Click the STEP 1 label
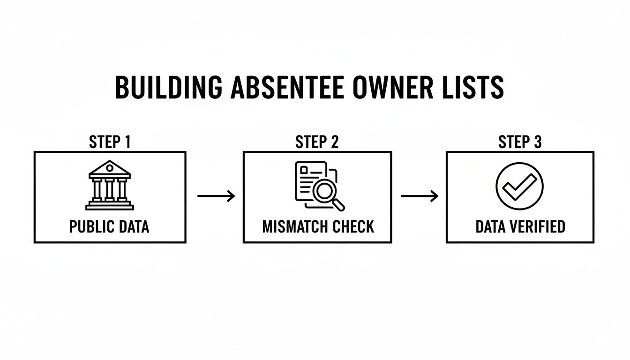tap(109, 142)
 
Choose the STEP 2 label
tap(317, 142)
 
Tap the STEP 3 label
tap(519, 142)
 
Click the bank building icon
tap(110, 186)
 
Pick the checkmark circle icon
tap(519, 186)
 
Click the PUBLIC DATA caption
tap(109, 227)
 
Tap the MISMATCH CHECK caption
tap(318, 227)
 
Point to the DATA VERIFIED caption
tap(520, 227)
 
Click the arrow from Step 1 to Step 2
tap(216, 196)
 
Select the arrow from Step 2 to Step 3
tap(419, 196)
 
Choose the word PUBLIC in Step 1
tap(90, 227)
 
